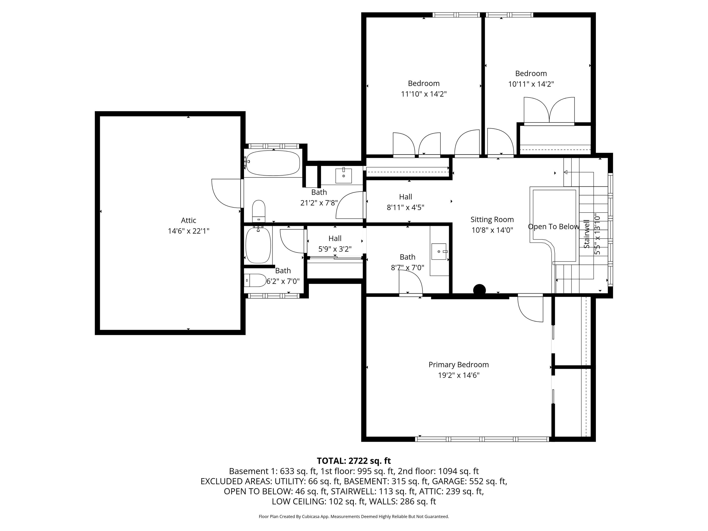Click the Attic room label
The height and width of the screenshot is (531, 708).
pos(189,220)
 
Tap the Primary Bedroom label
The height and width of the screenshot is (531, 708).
pos(459,365)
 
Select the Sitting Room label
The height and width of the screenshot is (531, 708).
pos(492,219)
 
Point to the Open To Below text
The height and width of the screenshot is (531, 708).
pos(553,227)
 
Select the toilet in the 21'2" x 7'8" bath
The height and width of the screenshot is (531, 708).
pos(259,211)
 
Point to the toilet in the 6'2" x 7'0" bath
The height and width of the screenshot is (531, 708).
pos(255,280)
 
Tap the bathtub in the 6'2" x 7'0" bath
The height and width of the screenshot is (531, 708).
pos(258,245)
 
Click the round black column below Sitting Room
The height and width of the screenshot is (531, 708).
pos(479,290)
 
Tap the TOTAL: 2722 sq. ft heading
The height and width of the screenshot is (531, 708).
pos(354,461)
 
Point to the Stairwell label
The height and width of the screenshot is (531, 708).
pos(586,234)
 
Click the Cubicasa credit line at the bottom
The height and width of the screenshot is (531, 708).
pos(354,517)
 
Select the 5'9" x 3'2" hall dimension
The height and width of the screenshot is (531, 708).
pos(335,249)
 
